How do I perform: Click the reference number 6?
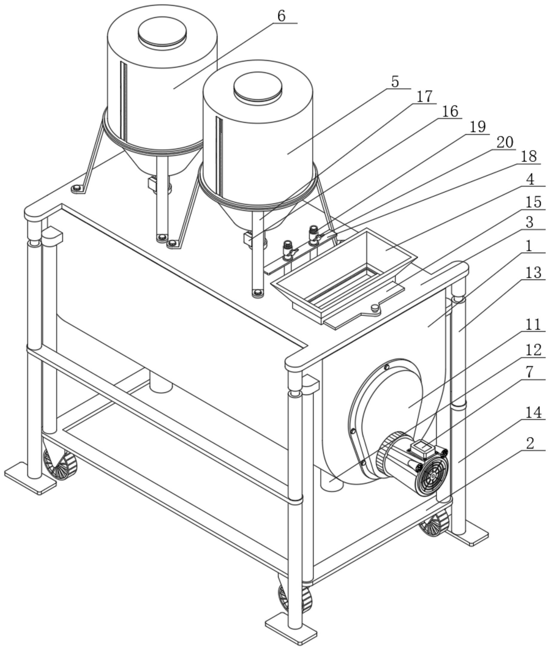pos(281,16)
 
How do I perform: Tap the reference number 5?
pos(395,82)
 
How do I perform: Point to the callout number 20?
pos(505,142)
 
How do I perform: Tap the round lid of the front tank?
pos(258,86)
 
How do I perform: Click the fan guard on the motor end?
pos(433,476)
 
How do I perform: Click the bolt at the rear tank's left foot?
pos(77,188)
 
